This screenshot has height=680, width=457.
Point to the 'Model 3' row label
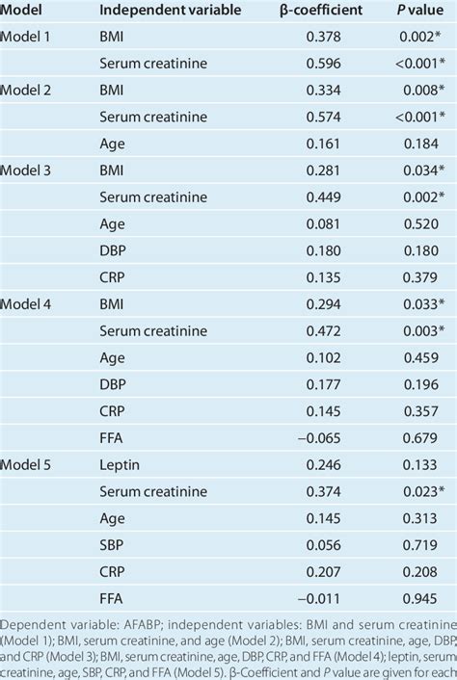tap(31, 170)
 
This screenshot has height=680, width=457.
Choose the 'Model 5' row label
tap(31, 464)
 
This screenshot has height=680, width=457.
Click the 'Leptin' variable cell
tap(121, 464)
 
